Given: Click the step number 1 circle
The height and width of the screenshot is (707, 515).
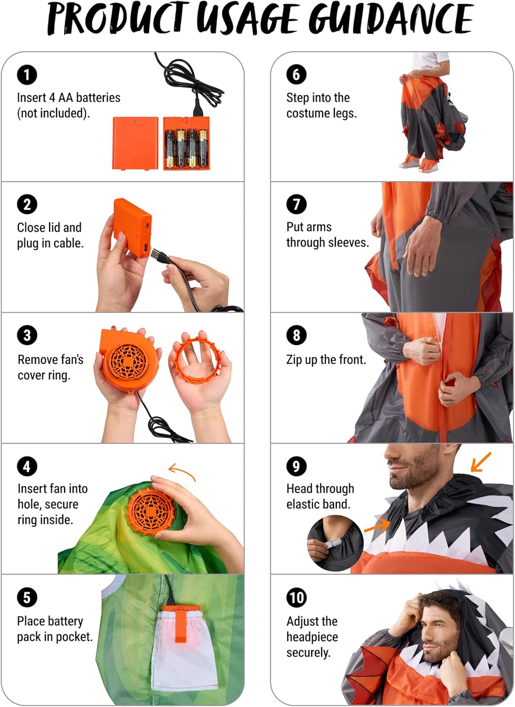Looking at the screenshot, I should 27,74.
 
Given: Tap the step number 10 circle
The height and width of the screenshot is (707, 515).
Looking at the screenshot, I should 297,598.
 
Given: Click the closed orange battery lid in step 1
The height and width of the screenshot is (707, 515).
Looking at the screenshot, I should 135,142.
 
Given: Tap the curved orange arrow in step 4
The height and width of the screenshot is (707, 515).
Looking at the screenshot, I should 182,471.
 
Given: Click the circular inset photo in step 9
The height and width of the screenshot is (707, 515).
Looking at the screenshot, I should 335,543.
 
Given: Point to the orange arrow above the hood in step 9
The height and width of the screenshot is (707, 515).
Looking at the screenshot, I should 481,462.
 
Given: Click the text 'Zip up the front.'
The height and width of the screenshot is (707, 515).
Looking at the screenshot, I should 326,360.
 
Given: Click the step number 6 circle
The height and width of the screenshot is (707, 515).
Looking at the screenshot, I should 297,74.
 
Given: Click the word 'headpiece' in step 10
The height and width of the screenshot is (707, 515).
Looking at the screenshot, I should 312,637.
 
